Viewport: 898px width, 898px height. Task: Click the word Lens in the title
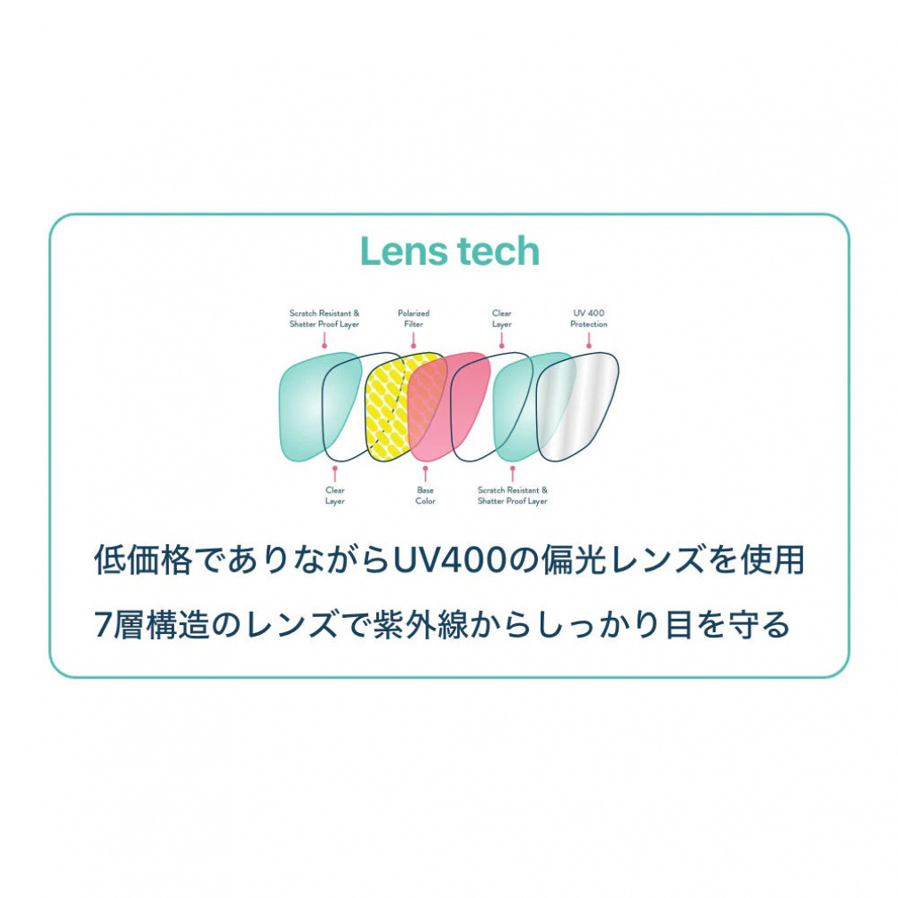click(x=397, y=252)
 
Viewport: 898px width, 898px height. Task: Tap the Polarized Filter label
click(x=413, y=318)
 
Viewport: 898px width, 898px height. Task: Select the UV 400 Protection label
click(x=589, y=318)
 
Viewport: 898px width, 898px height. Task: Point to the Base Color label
click(x=426, y=495)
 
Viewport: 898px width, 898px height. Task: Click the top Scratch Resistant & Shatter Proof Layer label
click(x=325, y=318)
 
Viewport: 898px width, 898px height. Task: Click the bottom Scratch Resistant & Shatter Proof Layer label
click(x=512, y=495)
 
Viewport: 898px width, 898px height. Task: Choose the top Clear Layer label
click(x=501, y=318)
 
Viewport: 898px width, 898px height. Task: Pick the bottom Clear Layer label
click(x=335, y=495)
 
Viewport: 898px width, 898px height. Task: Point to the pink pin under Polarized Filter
click(x=413, y=341)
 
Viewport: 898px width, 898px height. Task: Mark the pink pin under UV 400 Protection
click(x=589, y=341)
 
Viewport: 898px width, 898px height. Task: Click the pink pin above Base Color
click(x=425, y=473)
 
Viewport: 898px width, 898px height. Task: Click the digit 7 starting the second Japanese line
click(x=103, y=625)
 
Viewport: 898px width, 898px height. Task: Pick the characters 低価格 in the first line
click(x=143, y=559)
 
